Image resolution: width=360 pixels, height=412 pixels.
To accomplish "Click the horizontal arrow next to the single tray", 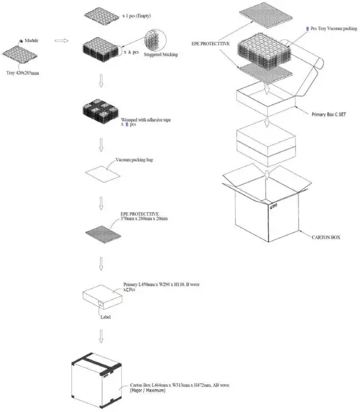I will pyautogui.click(x=61, y=42).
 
